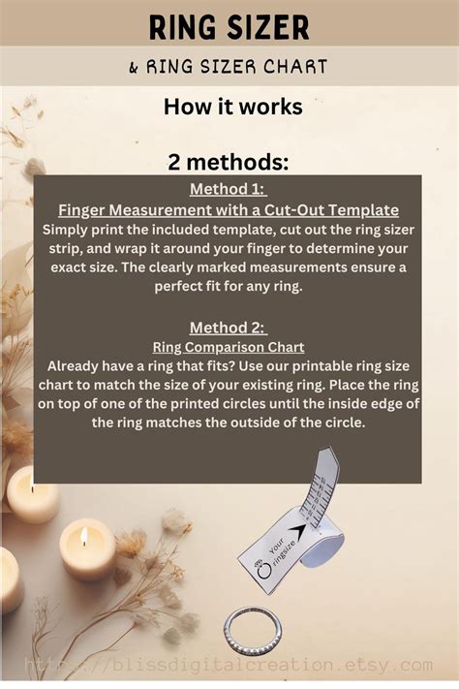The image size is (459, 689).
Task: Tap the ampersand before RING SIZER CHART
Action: coord(133,68)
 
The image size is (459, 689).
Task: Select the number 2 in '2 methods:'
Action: coord(177,162)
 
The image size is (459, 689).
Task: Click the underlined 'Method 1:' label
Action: coord(228,188)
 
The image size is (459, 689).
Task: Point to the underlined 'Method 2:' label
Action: coord(228,327)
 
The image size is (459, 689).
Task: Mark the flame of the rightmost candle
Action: coord(83,534)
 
